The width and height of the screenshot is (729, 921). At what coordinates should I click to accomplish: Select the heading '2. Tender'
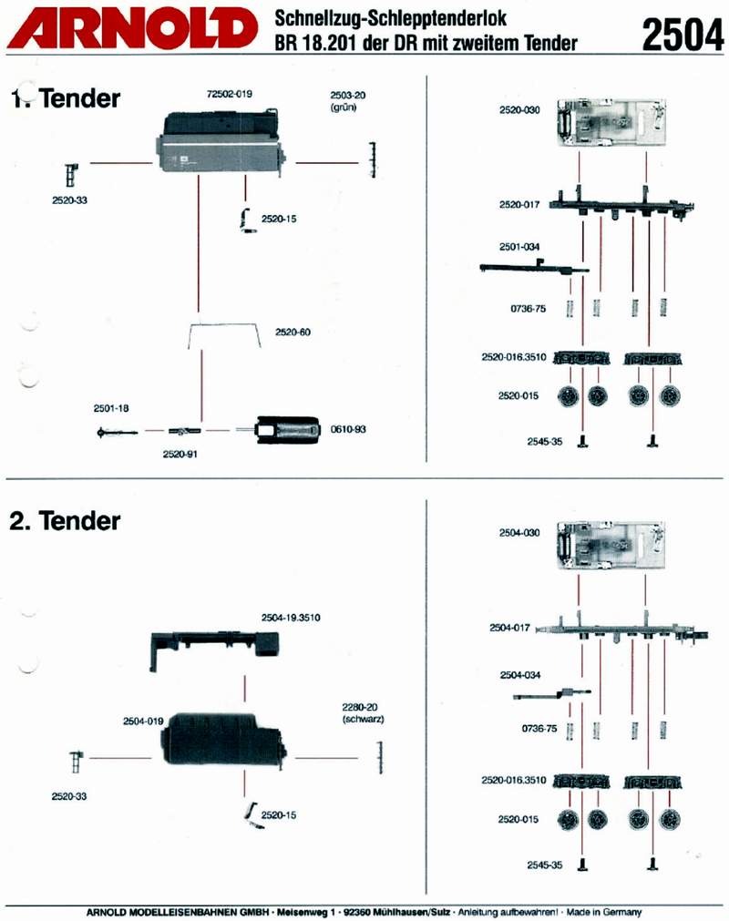(66, 521)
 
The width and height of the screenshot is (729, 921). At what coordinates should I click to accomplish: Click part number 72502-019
(230, 94)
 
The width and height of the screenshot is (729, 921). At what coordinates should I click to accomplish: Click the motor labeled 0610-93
(288, 429)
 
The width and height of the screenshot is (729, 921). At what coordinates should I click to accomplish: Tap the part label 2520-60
(293, 333)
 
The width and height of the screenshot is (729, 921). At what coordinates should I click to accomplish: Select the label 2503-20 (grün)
(347, 100)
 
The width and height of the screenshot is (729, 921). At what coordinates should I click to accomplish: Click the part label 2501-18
(111, 408)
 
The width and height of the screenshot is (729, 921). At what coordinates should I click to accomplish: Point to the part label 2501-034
(519, 247)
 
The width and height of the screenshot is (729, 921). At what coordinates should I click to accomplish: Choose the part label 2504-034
(519, 675)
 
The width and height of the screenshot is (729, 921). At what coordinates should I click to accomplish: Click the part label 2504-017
(509, 628)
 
